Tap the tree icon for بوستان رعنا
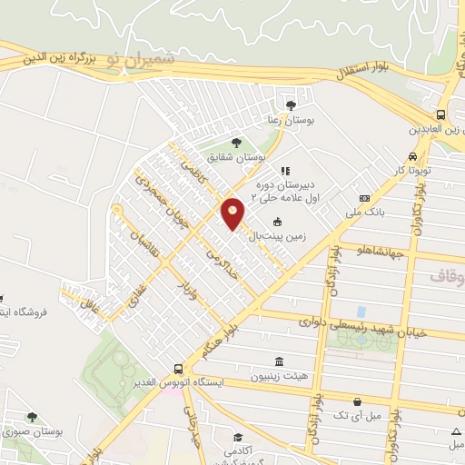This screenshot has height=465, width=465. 290,104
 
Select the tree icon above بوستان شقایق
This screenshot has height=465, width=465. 236,142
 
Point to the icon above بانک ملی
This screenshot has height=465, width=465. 364,198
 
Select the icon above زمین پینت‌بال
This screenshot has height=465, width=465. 277,221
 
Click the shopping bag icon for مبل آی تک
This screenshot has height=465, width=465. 358,401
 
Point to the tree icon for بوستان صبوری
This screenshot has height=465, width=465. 32,417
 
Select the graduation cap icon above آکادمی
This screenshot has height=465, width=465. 237,438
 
